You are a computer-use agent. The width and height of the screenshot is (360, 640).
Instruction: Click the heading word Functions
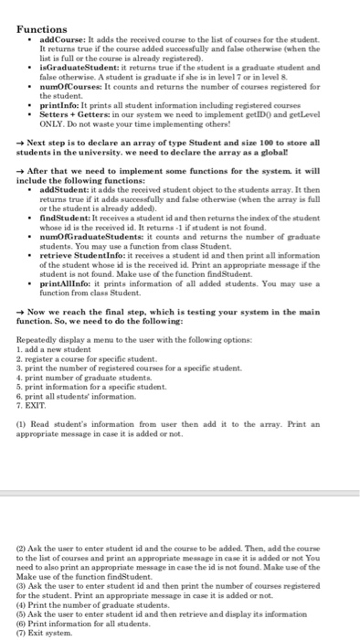coord(44,29)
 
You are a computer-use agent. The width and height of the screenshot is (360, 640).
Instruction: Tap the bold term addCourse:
coord(60,43)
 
